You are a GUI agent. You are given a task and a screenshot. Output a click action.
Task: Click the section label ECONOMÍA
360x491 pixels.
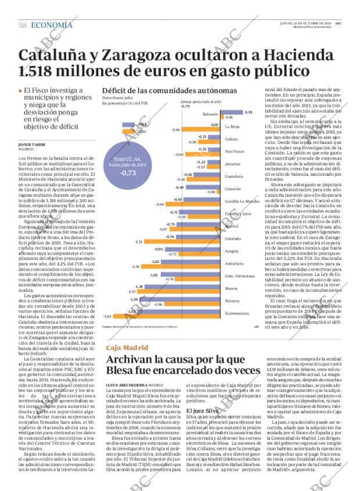[x=52, y=25]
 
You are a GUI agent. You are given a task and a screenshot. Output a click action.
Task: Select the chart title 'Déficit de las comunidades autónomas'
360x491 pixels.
[x=169, y=91]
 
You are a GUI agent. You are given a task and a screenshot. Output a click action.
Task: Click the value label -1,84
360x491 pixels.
[x=107, y=316]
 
